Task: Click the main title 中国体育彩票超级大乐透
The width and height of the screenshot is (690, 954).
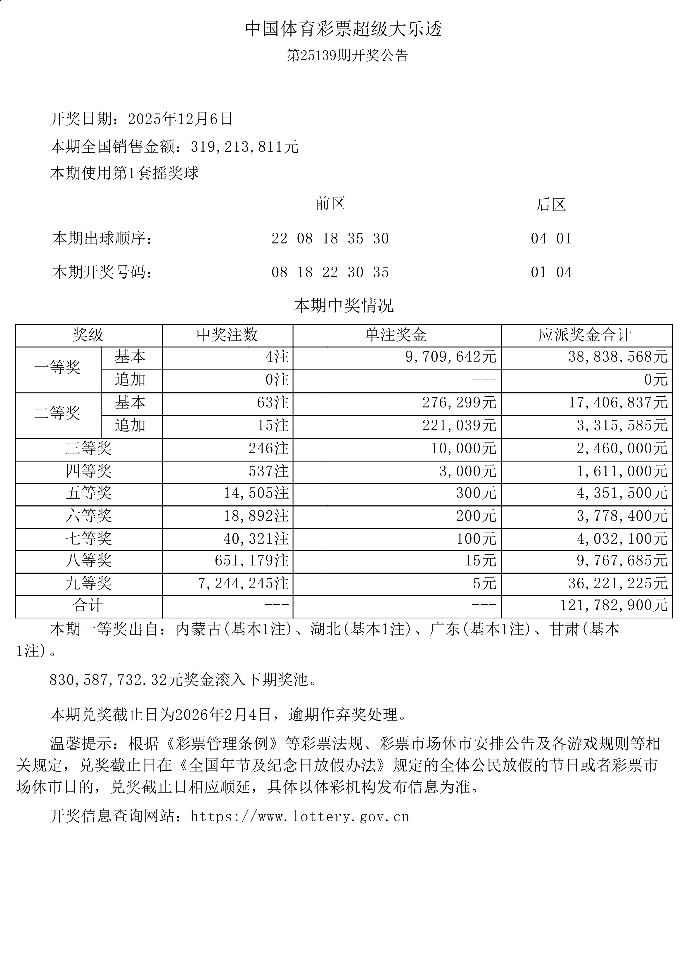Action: [x=344, y=29]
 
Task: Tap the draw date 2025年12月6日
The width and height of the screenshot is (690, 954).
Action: [x=180, y=119]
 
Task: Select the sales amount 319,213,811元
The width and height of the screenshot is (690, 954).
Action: [x=244, y=146]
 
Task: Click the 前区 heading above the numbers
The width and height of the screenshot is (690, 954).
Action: [x=330, y=204]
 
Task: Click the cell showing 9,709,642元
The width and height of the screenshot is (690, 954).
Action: [x=451, y=357]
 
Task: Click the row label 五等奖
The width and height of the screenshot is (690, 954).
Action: [x=89, y=493]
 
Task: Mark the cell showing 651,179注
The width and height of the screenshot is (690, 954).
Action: [x=251, y=561]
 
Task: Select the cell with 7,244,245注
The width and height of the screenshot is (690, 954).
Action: [x=243, y=583]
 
